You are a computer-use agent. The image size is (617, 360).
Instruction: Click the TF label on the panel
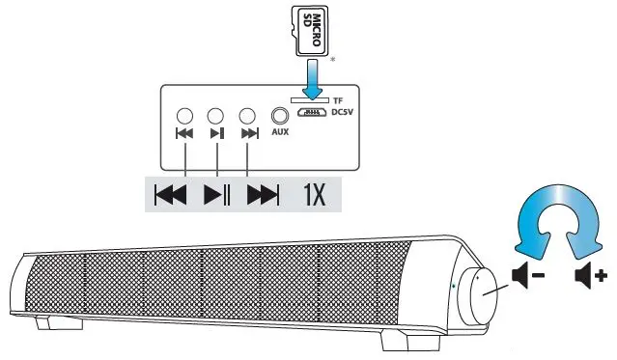(x=337, y=101)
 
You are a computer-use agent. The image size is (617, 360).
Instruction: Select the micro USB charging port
(x=310, y=113)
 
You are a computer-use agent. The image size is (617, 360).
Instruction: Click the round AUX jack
(x=281, y=114)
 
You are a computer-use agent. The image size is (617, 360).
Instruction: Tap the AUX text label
(x=281, y=133)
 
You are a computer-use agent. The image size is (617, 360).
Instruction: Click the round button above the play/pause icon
(x=216, y=114)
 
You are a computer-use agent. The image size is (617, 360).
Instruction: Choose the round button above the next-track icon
(x=249, y=114)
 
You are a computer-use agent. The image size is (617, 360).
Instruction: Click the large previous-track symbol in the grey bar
(x=171, y=195)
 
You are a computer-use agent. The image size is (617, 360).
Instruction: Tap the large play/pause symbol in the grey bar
(x=217, y=195)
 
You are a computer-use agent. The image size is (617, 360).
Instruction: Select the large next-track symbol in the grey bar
(x=263, y=195)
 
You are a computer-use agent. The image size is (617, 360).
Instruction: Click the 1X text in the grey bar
(x=315, y=195)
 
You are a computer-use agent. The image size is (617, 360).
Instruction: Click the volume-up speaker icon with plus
(x=590, y=277)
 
